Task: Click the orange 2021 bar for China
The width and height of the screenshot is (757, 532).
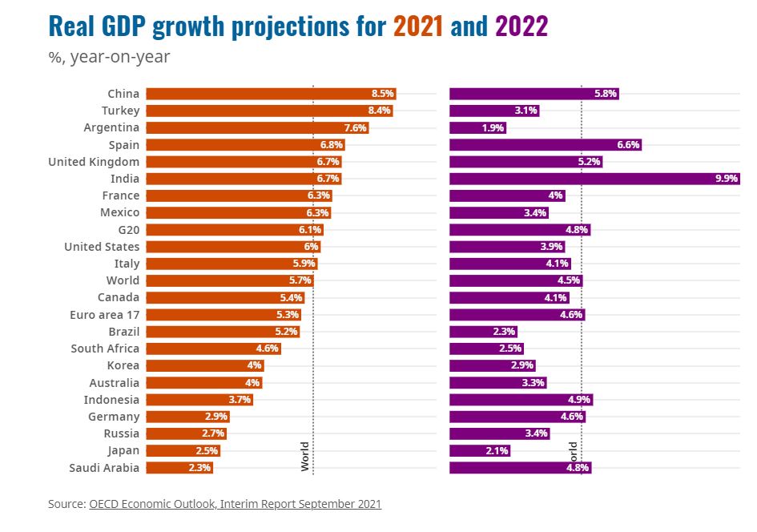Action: coord(271,94)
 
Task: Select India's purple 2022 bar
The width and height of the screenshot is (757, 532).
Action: coord(593,179)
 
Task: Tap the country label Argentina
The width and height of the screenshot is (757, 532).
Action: coord(111,127)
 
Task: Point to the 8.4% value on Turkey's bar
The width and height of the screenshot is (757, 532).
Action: coord(379,111)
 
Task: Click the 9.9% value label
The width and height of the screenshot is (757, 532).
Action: coord(726,179)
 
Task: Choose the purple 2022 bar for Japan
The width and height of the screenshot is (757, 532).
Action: coord(479,451)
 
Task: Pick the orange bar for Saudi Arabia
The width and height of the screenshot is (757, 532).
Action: coord(179,468)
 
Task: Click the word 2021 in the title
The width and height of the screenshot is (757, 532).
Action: coord(418,27)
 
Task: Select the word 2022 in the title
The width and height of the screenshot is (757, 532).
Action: coord(521,27)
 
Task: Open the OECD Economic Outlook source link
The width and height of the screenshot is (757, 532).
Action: coord(235,504)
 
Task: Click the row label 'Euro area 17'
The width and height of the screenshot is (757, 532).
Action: coord(104,315)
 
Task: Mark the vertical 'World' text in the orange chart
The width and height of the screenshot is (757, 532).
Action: coord(305,455)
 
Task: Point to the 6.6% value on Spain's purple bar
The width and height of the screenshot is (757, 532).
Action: coord(628,145)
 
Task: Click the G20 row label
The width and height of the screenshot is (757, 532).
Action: coord(127,230)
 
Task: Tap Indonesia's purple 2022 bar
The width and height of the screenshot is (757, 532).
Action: coord(521,400)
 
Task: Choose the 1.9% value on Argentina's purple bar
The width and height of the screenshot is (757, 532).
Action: coord(493,128)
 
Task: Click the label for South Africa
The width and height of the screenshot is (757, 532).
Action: coord(105,349)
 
